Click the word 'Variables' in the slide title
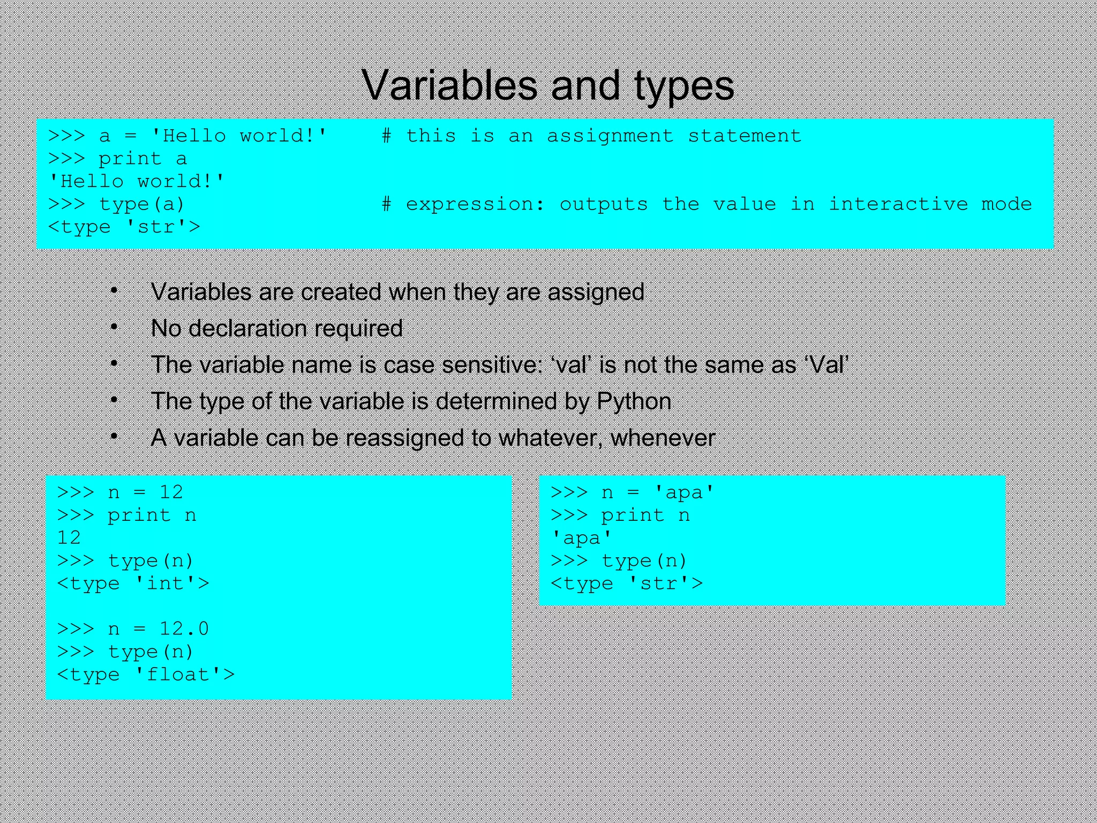[449, 86]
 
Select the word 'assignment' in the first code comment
[610, 136]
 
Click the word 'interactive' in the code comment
[898, 204]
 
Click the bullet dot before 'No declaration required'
[114, 327]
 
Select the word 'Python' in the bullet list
[634, 401]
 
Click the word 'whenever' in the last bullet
[663, 438]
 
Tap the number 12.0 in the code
[184, 629]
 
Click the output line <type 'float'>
[145, 675]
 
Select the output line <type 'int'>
[133, 583]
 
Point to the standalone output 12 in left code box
[69, 537]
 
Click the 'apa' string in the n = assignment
[684, 492]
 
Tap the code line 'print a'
[142, 159]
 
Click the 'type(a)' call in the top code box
[142, 204]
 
